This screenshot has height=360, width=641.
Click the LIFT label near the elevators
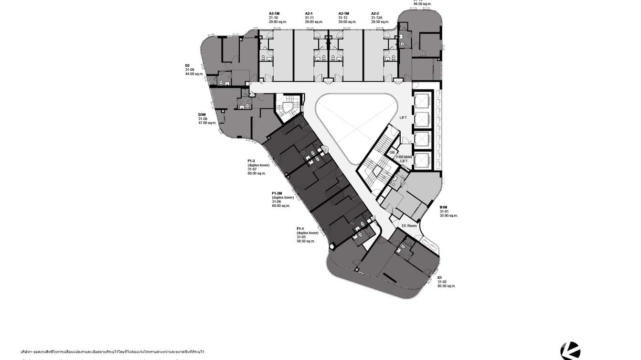coord(403,117)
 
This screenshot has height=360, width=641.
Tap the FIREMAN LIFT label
coord(404,159)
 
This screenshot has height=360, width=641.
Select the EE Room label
coord(409,226)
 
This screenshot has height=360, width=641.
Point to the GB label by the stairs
coord(392,152)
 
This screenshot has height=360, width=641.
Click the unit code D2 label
coord(188,65)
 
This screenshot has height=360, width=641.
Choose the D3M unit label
coord(202,115)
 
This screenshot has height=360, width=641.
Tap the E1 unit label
coord(439,277)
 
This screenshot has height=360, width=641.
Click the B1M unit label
coord(443,207)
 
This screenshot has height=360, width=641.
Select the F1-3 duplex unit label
coord(251,161)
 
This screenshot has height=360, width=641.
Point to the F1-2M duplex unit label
coord(277,193)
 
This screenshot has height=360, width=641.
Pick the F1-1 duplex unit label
coord(300,229)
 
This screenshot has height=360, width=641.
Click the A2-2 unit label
coord(375,13)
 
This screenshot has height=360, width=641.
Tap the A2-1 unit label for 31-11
coord(309,13)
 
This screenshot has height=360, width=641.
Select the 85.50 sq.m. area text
coord(447,286)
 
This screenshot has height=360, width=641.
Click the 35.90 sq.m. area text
coord(449,216)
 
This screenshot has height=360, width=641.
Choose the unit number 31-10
coord(273,18)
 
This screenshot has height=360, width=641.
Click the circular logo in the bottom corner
coord(570,351)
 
